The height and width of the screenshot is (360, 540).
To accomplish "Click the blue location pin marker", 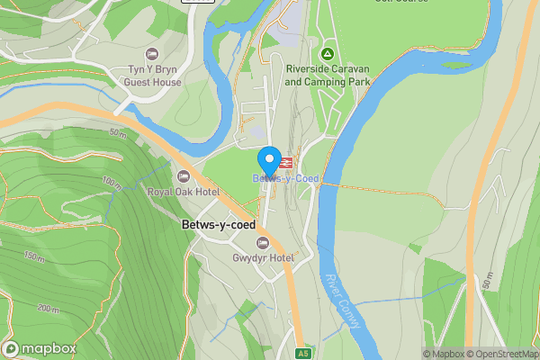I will [268, 160].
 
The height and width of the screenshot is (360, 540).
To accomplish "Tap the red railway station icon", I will [285, 163].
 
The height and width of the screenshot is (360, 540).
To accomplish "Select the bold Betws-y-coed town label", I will [218, 224].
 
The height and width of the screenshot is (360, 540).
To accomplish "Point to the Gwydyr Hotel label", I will [263, 258].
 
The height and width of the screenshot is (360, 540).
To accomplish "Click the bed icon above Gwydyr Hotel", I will [263, 242].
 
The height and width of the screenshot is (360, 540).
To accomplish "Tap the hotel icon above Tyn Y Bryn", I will [151, 55].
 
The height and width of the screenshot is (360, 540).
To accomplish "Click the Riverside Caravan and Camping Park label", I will [327, 75].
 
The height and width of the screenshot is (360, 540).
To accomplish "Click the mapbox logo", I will [40, 349].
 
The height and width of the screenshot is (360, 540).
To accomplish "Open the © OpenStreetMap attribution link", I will [500, 354].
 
